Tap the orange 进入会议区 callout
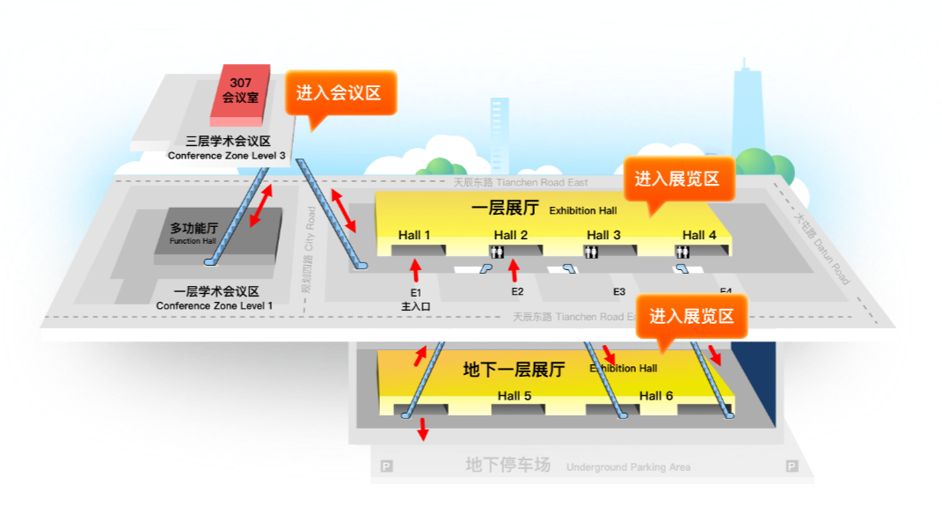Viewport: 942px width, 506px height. [339, 93]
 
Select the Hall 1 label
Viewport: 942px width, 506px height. [414, 235]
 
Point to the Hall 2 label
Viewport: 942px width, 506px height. [511, 235]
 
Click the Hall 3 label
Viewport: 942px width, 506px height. [603, 235]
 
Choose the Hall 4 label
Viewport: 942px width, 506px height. [699, 235]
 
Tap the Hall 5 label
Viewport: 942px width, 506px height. [515, 396]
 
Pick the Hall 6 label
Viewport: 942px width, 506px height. [656, 396]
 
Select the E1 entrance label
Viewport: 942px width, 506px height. [416, 292]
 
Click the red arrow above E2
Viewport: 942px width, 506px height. [515, 271]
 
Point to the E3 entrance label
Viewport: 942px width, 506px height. [619, 292]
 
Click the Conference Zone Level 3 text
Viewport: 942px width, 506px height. [226, 156]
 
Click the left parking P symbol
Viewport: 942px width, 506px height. [386, 466]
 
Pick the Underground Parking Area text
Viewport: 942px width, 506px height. [628, 467]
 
